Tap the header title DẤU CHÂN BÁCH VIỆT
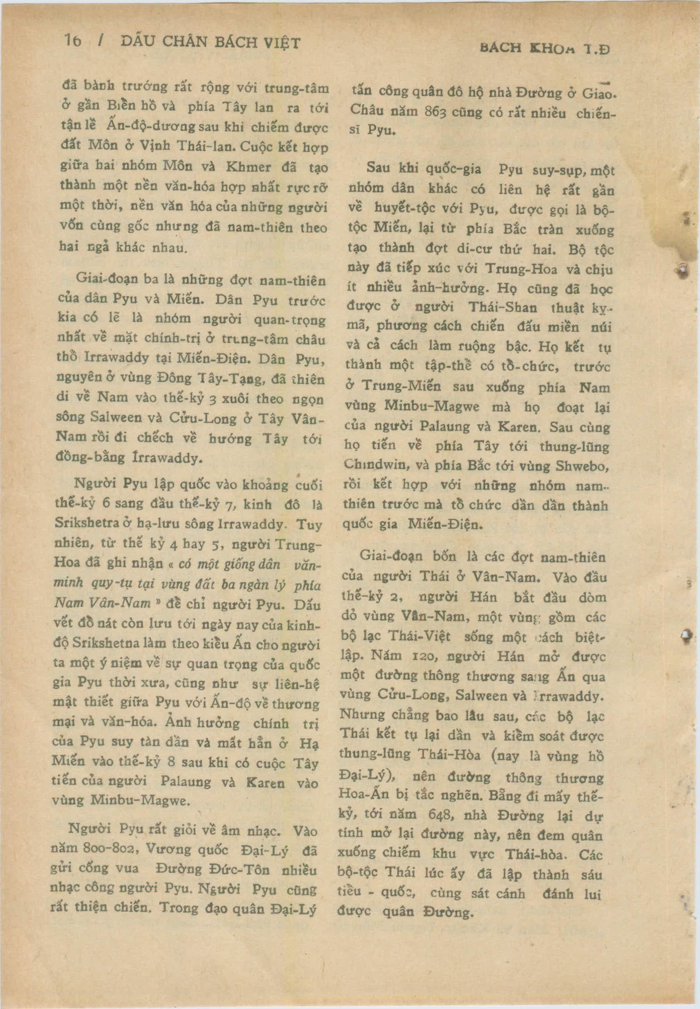(x=210, y=43)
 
